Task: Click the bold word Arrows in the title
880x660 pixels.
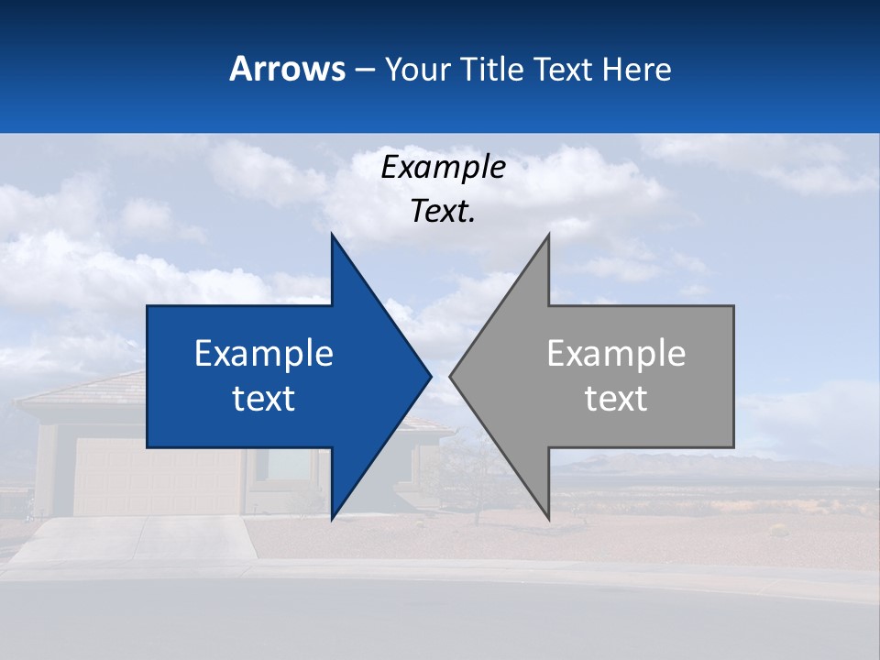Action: click(287, 69)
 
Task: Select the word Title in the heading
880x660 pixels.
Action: click(493, 69)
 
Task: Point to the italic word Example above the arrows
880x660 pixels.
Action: click(443, 167)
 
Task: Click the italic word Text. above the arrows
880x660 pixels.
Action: click(443, 211)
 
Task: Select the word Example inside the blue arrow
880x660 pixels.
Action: click(264, 354)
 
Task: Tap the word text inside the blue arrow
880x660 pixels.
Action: click(264, 399)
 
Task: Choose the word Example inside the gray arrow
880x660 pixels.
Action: click(616, 354)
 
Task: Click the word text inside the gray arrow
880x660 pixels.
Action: click(616, 399)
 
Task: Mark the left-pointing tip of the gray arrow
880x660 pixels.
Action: click(451, 376)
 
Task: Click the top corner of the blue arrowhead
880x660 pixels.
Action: click(332, 236)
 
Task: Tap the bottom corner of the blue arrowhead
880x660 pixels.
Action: click(332, 518)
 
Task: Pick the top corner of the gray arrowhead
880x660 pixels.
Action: click(548, 236)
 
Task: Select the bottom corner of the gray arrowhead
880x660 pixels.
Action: click(548, 518)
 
